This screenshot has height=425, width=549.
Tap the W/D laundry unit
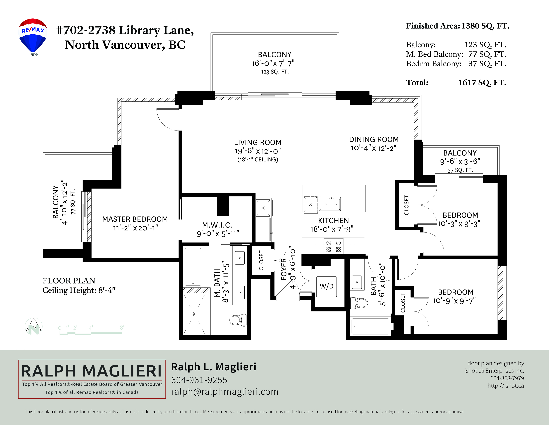pyautogui.click(x=327, y=286)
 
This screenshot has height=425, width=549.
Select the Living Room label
pyautogui.click(x=258, y=142)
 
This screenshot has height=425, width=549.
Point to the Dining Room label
pyautogui.click(x=374, y=139)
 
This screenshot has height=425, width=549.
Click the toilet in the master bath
pyautogui.click(x=238, y=320)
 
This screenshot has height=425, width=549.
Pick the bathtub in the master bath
pyautogui.click(x=193, y=267)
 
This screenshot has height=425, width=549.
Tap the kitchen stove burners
pyautogui.click(x=333, y=246)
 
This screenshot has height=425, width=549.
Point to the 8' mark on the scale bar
pyautogui.click(x=122, y=327)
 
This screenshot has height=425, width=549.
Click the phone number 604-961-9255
pyautogui.click(x=199, y=380)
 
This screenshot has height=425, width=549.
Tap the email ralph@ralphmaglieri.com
pyautogui.click(x=225, y=392)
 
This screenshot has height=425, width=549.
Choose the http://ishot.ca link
pyautogui.click(x=506, y=386)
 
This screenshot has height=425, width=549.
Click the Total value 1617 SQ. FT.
pyautogui.click(x=482, y=82)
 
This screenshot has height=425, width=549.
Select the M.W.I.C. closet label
pyautogui.click(x=217, y=225)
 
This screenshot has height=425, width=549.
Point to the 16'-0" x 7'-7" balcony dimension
pyautogui.click(x=273, y=63)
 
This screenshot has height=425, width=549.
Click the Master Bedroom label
pyautogui.click(x=135, y=219)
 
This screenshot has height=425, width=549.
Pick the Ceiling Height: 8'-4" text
pyautogui.click(x=79, y=290)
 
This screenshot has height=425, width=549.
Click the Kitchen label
pyautogui.click(x=333, y=220)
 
